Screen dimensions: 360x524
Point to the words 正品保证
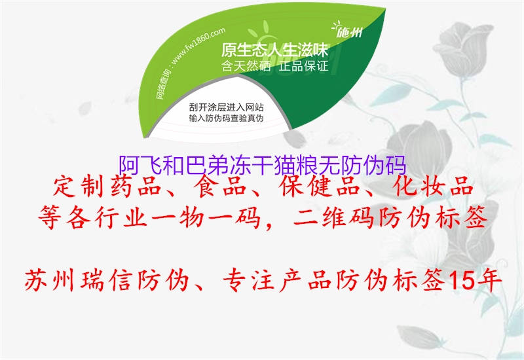coord(303,66)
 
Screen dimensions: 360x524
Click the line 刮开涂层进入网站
coord(226,106)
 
